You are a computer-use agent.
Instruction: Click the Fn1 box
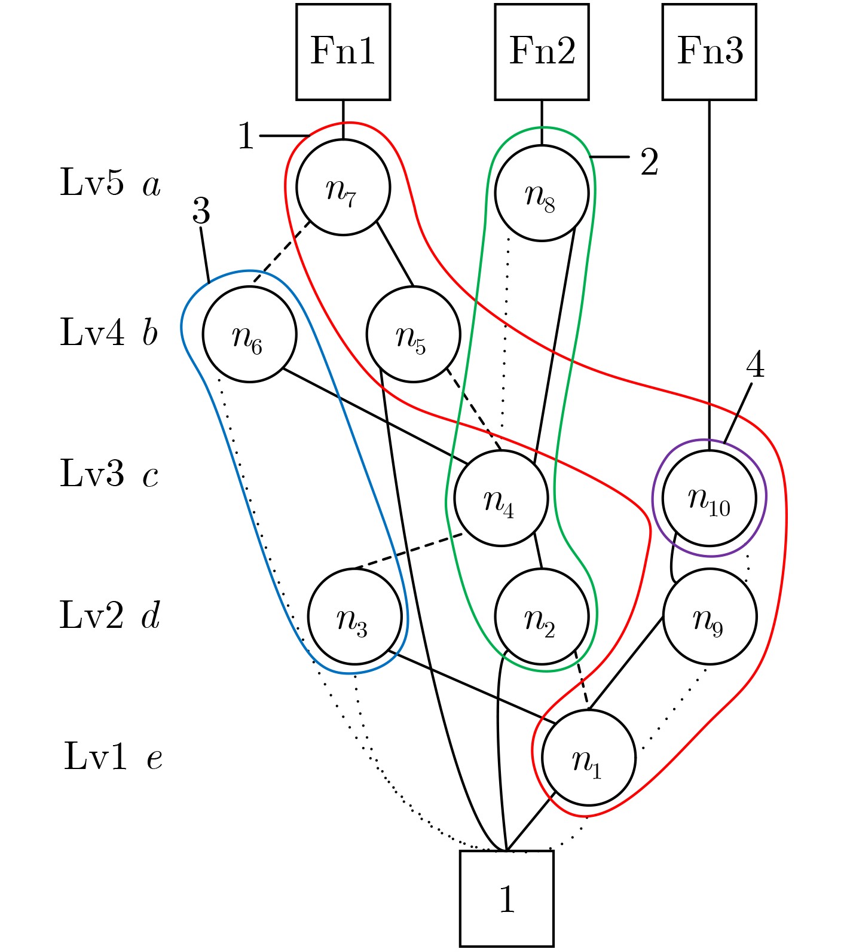click(343, 52)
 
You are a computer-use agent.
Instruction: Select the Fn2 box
click(542, 52)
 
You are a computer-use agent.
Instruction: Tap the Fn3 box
click(710, 52)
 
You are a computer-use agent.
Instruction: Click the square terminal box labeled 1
click(507, 898)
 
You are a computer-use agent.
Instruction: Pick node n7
click(343, 187)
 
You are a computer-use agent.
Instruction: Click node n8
click(542, 193)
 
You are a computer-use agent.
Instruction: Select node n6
click(249, 334)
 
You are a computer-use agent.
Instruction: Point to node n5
click(413, 334)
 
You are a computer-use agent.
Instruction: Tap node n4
click(501, 498)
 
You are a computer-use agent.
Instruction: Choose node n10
click(710, 498)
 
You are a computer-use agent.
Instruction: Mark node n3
click(354, 617)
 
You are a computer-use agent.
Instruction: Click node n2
click(542, 617)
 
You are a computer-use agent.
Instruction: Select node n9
click(710, 617)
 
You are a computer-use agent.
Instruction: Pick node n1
click(589, 758)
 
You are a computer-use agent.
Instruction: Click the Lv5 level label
click(93, 182)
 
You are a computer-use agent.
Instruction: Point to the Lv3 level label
click(93, 474)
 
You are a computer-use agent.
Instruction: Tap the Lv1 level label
click(96, 756)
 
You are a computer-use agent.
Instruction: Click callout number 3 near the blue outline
click(201, 212)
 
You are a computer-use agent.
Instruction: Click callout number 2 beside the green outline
click(650, 162)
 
